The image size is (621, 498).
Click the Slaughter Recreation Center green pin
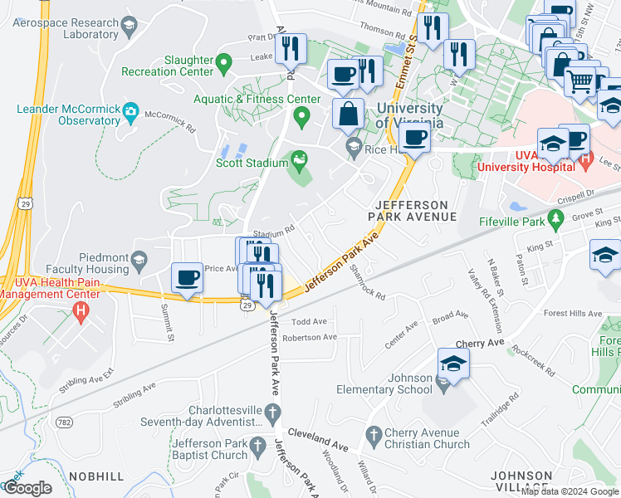[222, 61]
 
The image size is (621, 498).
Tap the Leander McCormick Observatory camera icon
[130, 110]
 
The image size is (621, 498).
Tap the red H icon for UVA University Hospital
[584, 159]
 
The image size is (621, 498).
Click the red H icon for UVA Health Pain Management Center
[81, 313]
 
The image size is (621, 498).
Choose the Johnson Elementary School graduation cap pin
[453, 364]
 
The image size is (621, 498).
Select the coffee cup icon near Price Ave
[188, 277]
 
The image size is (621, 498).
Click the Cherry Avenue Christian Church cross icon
[374, 434]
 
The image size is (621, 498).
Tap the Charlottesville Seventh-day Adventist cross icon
[271, 413]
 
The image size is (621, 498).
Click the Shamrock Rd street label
[368, 282]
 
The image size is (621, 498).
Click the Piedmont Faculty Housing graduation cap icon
[139, 261]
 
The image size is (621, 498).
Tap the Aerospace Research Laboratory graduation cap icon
[129, 29]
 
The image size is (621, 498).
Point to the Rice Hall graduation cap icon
[353, 149]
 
